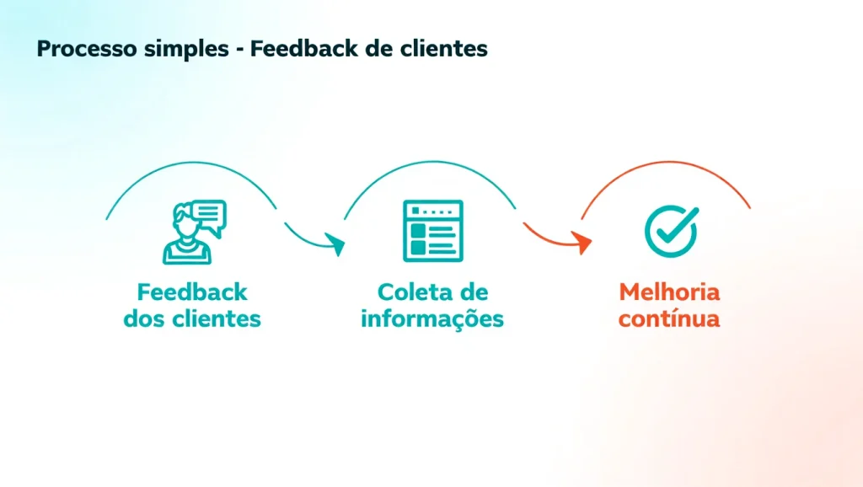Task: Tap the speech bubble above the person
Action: pyautogui.click(x=209, y=216)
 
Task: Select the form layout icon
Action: pyautogui.click(x=432, y=230)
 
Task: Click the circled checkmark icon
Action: pyautogui.click(x=671, y=229)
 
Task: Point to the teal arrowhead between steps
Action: pyautogui.click(x=336, y=245)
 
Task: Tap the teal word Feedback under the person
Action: pyautogui.click(x=192, y=292)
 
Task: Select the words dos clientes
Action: pyautogui.click(x=192, y=320)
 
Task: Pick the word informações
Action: pyautogui.click(x=432, y=320)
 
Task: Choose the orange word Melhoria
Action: pyautogui.click(x=669, y=292)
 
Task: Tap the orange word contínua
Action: pyautogui.click(x=669, y=320)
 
